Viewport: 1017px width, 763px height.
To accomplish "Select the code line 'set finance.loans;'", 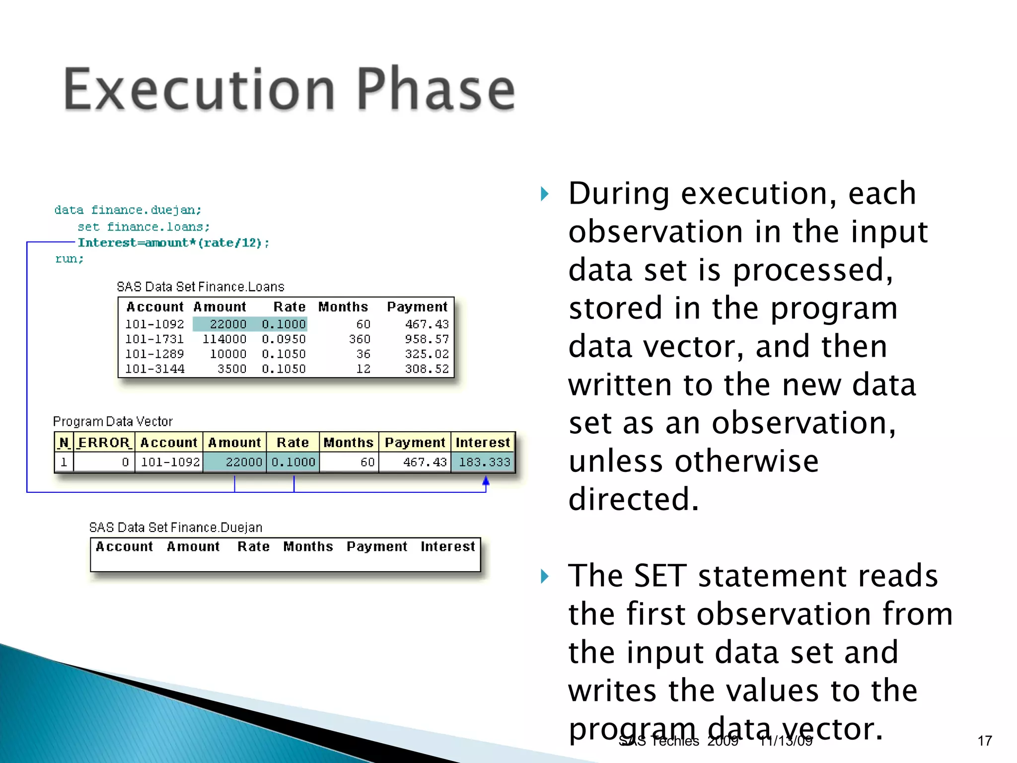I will point(144,227).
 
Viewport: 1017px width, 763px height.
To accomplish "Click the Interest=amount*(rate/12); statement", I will point(173,243).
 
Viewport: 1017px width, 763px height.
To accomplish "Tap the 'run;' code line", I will point(70,259).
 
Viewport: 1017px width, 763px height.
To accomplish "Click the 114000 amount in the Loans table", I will point(224,339).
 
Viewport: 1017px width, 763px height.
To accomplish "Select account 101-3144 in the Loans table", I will point(154,369).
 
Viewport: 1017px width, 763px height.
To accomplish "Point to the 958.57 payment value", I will point(427,339).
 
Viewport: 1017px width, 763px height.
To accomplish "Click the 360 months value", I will point(360,339).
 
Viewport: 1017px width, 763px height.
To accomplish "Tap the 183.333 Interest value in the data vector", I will point(484,462).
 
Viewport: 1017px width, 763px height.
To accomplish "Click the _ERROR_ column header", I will point(104,443).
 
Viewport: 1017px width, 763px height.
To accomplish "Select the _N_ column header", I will point(64,443).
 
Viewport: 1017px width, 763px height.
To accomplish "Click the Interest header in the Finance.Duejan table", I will point(447,546).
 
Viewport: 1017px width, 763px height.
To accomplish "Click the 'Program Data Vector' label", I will point(113,422).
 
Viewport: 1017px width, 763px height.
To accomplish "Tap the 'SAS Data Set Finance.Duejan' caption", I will point(176,528).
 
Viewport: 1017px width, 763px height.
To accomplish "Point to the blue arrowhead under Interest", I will point(486,480).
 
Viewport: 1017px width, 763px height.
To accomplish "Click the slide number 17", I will point(985,741).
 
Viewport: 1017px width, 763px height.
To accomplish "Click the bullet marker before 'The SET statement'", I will point(545,576).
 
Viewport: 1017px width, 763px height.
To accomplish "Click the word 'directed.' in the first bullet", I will point(634,499).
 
